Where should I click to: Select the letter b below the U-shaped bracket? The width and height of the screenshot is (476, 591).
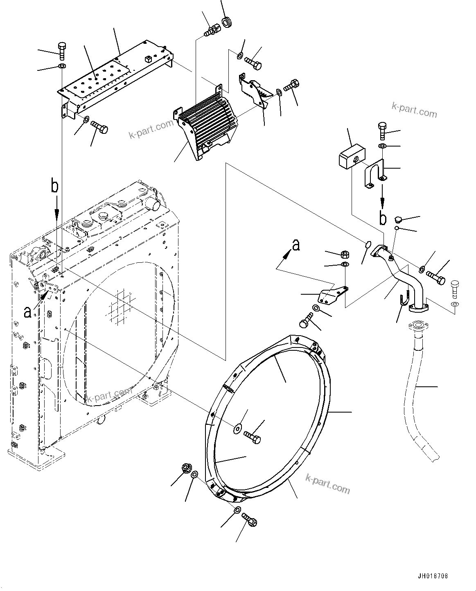tap(383, 219)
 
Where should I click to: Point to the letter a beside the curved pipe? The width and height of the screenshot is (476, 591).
tap(296, 245)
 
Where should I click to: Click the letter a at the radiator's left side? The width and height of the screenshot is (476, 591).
tap(27, 312)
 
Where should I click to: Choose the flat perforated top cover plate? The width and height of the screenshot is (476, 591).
tap(115, 78)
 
